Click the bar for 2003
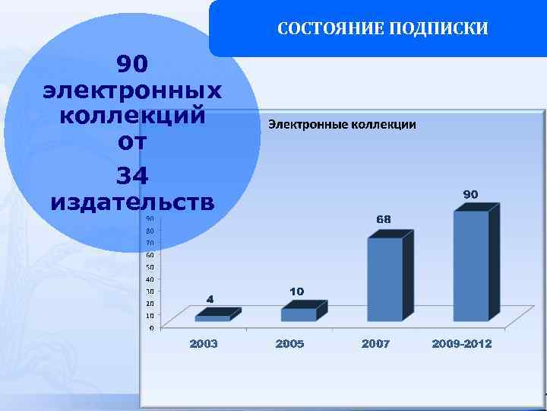coord(213,317)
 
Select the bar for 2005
coord(299,314)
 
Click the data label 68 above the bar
coord(384,219)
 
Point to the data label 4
coord(210,299)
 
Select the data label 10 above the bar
coord(296,292)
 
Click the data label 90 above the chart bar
coord(471,195)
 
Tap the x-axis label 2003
coord(204,344)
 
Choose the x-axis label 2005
coord(289,344)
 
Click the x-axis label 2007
coord(376,344)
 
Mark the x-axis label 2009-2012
coord(462,344)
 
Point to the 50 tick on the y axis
coord(150,267)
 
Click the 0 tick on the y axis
coord(151,328)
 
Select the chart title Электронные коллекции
coord(342,125)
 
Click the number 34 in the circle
coord(132,176)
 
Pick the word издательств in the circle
coord(132,202)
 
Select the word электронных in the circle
coord(132,91)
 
